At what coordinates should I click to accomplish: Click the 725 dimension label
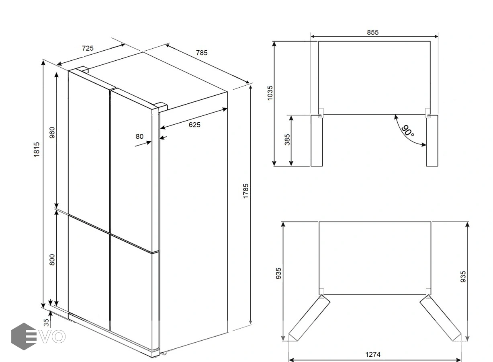click(x=88, y=48)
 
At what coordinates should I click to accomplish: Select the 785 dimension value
click(x=202, y=53)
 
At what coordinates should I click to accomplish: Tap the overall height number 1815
click(x=37, y=149)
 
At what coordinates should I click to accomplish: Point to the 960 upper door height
click(x=52, y=132)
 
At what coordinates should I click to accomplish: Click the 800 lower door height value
click(x=52, y=259)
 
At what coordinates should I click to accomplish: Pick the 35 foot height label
click(x=46, y=323)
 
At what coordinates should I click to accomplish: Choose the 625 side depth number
click(x=194, y=125)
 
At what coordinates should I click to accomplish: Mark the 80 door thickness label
click(x=139, y=136)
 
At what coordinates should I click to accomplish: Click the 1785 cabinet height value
click(x=245, y=191)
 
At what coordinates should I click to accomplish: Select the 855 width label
click(x=372, y=33)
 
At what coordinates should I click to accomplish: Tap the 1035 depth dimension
click(x=270, y=93)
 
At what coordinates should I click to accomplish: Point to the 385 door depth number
click(x=287, y=140)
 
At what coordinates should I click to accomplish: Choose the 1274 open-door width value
click(x=373, y=354)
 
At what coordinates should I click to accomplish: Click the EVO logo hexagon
click(x=24, y=336)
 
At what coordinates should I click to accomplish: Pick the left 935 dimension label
click(x=278, y=273)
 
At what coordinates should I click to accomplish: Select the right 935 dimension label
click(x=463, y=276)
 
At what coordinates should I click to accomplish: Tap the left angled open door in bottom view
click(x=309, y=318)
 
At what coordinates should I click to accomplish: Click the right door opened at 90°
click(x=432, y=140)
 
